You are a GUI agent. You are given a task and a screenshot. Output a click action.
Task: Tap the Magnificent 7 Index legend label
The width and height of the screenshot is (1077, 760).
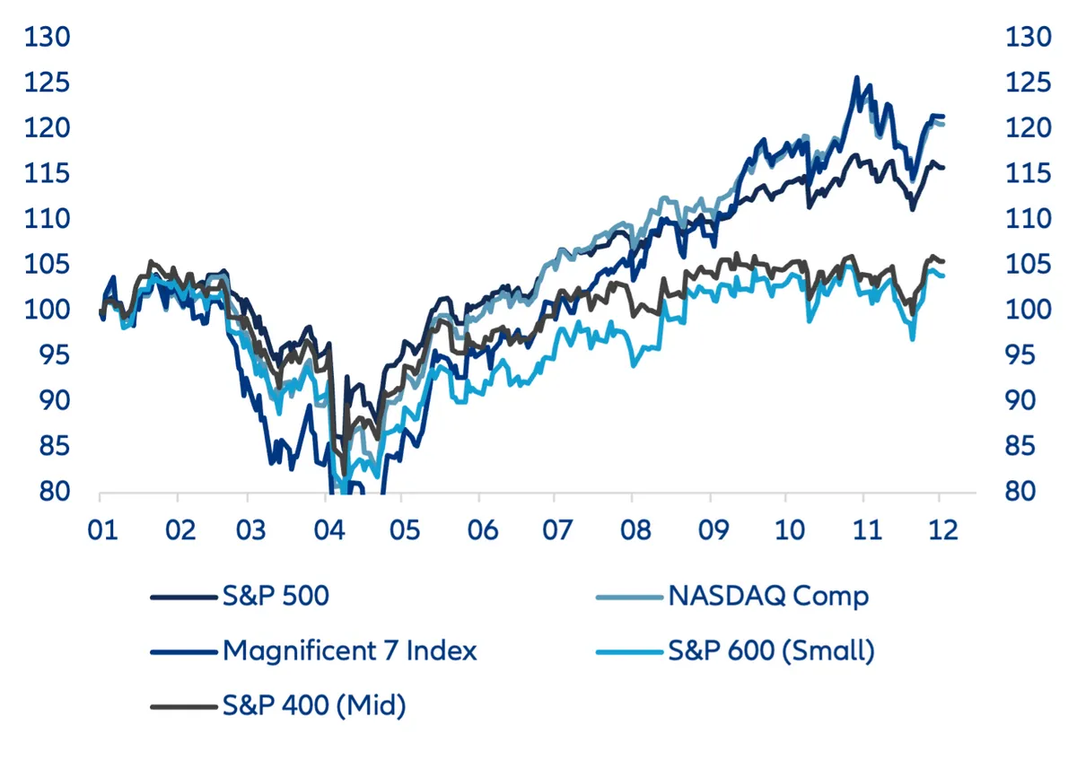click(349, 651)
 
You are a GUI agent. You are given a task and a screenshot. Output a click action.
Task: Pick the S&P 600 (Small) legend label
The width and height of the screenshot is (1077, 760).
click(771, 651)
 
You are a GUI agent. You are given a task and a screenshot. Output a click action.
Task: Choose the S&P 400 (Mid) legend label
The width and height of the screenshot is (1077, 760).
click(314, 706)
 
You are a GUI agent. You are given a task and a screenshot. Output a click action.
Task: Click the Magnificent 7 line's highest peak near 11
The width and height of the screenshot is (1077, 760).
click(856, 78)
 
